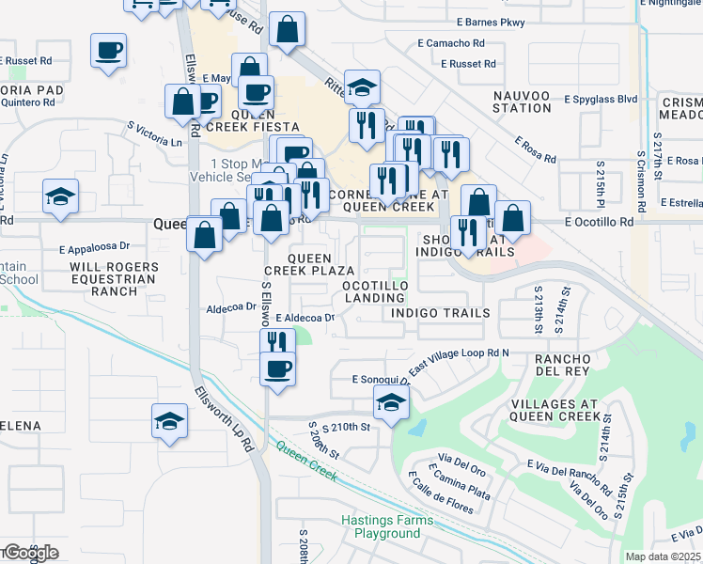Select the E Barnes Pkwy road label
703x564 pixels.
point(490,22)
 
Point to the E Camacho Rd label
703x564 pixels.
point(451,43)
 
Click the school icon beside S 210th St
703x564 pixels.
point(391,403)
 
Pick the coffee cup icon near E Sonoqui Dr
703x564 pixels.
point(277,368)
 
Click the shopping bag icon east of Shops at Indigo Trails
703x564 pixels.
point(513,219)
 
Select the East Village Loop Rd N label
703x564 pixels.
point(459,358)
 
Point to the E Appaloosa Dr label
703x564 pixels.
point(94,250)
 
